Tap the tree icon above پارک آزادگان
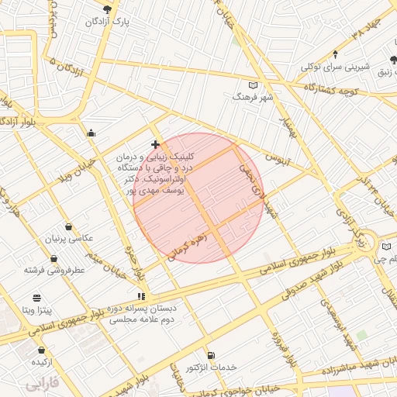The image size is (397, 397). pyautogui.click(x=107, y=9)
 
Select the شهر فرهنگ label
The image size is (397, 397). pyautogui.click(x=250, y=98)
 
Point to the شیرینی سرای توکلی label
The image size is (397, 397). pyautogui.click(x=334, y=66)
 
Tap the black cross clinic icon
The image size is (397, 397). pyautogui.click(x=155, y=144)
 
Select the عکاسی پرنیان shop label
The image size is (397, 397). pyautogui.click(x=71, y=238)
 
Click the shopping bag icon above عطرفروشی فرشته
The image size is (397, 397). pyautogui.click(x=54, y=258)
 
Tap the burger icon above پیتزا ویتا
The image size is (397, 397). pyautogui.click(x=36, y=298)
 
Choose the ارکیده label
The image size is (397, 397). pyautogui.click(x=40, y=362)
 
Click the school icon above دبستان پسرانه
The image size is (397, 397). pyautogui.click(x=140, y=296)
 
